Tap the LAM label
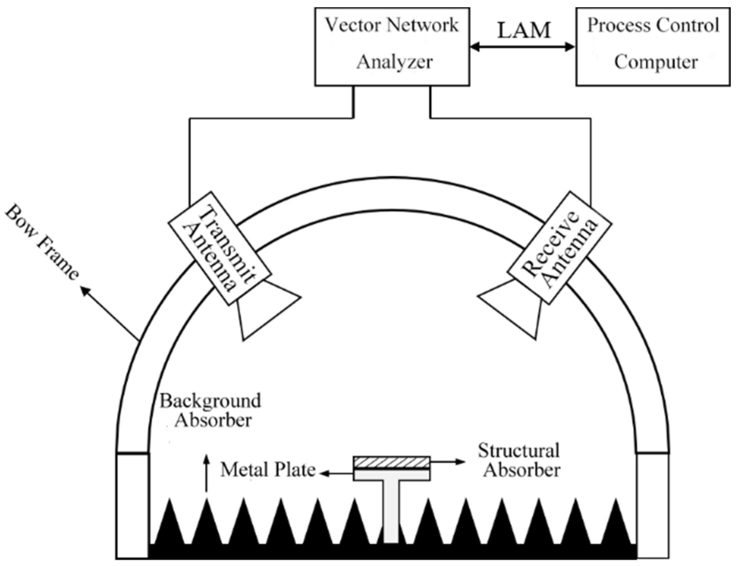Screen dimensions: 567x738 [524, 30]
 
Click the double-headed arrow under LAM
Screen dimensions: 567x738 [522, 47]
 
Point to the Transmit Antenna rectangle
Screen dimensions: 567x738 [219, 248]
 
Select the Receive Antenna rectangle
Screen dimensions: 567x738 [560, 248]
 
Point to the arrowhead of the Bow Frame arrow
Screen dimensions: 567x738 [84, 290]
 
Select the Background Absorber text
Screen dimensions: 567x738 [211, 410]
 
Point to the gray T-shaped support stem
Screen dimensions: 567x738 [391, 511]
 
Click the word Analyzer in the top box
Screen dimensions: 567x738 [394, 62]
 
